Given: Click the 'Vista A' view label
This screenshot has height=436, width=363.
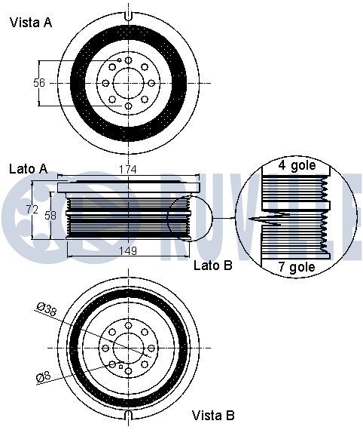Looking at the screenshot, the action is pyautogui.click(x=31, y=22).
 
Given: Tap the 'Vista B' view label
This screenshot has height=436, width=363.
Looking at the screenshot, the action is pyautogui.click(x=213, y=416).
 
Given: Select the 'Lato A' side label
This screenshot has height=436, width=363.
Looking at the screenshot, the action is pyautogui.click(x=29, y=169).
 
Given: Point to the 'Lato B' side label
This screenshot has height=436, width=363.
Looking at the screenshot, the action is pyautogui.click(x=212, y=266).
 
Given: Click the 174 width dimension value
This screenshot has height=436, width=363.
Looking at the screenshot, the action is pyautogui.click(x=128, y=169).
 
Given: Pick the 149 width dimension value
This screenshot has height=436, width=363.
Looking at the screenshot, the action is pyautogui.click(x=128, y=250).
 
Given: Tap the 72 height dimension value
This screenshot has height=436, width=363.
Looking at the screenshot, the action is pyautogui.click(x=32, y=210).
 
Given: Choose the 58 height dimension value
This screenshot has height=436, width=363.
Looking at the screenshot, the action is pyautogui.click(x=50, y=215).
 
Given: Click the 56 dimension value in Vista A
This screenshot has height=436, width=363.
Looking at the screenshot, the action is pyautogui.click(x=39, y=82).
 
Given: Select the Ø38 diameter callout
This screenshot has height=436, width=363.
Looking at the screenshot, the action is pyautogui.click(x=47, y=309).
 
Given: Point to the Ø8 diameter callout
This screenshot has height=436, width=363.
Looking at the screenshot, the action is pyautogui.click(x=43, y=376).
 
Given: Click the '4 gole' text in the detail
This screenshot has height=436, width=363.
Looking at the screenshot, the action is pyautogui.click(x=297, y=166).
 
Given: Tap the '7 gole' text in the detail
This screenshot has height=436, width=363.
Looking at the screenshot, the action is pyautogui.click(x=297, y=267).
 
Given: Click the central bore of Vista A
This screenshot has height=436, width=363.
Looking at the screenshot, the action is pyautogui.click(x=128, y=83).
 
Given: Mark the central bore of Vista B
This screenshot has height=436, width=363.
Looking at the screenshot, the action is pyautogui.click(x=128, y=348).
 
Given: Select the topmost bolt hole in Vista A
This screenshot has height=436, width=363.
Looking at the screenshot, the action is pyautogui.click(x=128, y=60).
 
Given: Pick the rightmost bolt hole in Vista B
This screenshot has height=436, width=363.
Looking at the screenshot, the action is pyautogui.click(x=151, y=348).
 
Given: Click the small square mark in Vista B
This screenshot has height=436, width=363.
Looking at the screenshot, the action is pyautogui.click(x=120, y=367).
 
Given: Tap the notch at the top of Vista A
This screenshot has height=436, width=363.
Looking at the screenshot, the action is pyautogui.click(x=128, y=16).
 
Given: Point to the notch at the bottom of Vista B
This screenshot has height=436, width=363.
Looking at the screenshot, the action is pyautogui.click(x=128, y=415).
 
